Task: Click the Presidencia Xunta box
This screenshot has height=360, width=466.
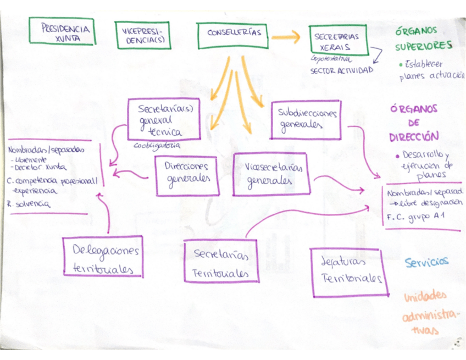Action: coord(62,31)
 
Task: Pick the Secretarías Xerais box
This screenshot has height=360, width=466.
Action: coord(337,41)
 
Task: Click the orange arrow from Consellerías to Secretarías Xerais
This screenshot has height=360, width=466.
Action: coord(286,37)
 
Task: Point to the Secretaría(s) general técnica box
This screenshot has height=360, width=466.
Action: coord(163,119)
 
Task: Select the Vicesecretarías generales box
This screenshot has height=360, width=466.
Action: coord(271,174)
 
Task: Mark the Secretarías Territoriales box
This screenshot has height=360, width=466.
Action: coord(221,263)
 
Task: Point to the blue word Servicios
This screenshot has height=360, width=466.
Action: coord(427,263)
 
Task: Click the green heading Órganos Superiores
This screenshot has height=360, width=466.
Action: coord(424,39)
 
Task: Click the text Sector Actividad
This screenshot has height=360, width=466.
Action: coord(341,71)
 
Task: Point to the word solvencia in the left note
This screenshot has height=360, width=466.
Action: coord(33,204)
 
